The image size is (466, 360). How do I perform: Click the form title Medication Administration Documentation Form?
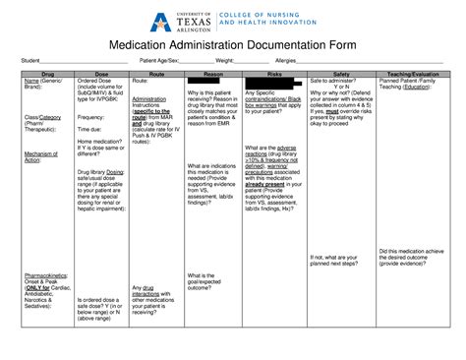pyautogui.click(x=232, y=46)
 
